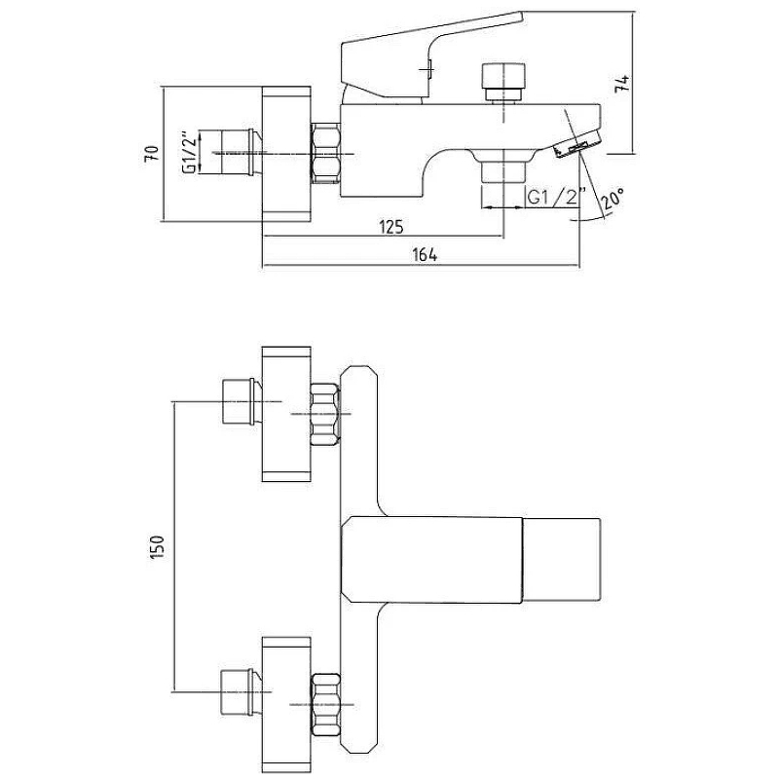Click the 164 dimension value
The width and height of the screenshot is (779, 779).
click(x=425, y=255)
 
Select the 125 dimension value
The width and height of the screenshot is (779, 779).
click(x=391, y=227)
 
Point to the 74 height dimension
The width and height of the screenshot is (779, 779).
click(x=622, y=83)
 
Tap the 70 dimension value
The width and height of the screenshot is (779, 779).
click(x=152, y=153)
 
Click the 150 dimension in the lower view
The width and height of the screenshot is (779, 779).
click(x=157, y=547)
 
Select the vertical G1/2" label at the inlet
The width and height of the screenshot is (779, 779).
click(x=189, y=153)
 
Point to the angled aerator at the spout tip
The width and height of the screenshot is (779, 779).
click(x=576, y=144)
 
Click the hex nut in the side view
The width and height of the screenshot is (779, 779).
click(x=326, y=154)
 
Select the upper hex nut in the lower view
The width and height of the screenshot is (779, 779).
click(x=325, y=414)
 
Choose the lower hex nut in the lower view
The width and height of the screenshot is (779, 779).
click(x=325, y=703)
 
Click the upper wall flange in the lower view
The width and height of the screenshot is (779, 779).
click(x=286, y=413)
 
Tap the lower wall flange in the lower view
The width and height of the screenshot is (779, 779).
click(x=286, y=703)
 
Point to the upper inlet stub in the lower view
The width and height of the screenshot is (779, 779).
click(x=240, y=401)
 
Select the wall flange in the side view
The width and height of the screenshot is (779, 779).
click(x=286, y=154)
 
